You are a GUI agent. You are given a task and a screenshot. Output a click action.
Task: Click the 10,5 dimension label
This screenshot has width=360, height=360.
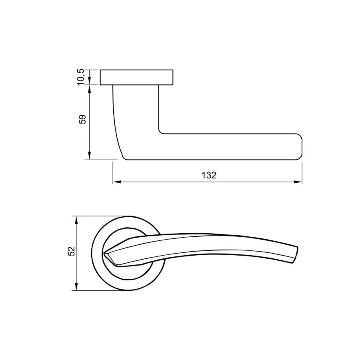(81, 77)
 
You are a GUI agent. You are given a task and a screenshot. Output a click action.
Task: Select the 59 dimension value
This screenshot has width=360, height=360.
(82, 119)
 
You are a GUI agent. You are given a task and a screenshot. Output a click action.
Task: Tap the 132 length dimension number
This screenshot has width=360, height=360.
(209, 175)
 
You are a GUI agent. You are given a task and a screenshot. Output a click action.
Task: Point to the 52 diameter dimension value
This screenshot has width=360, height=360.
(72, 251)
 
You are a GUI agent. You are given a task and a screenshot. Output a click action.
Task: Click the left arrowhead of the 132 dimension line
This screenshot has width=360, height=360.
(116, 182)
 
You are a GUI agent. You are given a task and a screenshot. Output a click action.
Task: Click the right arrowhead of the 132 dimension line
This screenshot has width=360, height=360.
(298, 182)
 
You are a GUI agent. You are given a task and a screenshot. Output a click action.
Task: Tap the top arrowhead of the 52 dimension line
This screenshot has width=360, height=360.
(77, 220)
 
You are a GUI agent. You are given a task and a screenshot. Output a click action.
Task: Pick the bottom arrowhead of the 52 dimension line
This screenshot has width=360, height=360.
(77, 286)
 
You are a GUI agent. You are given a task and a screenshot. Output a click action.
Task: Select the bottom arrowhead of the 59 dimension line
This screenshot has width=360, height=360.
(90, 155)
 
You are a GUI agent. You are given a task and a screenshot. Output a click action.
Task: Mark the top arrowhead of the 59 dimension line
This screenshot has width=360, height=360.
(90, 89)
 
